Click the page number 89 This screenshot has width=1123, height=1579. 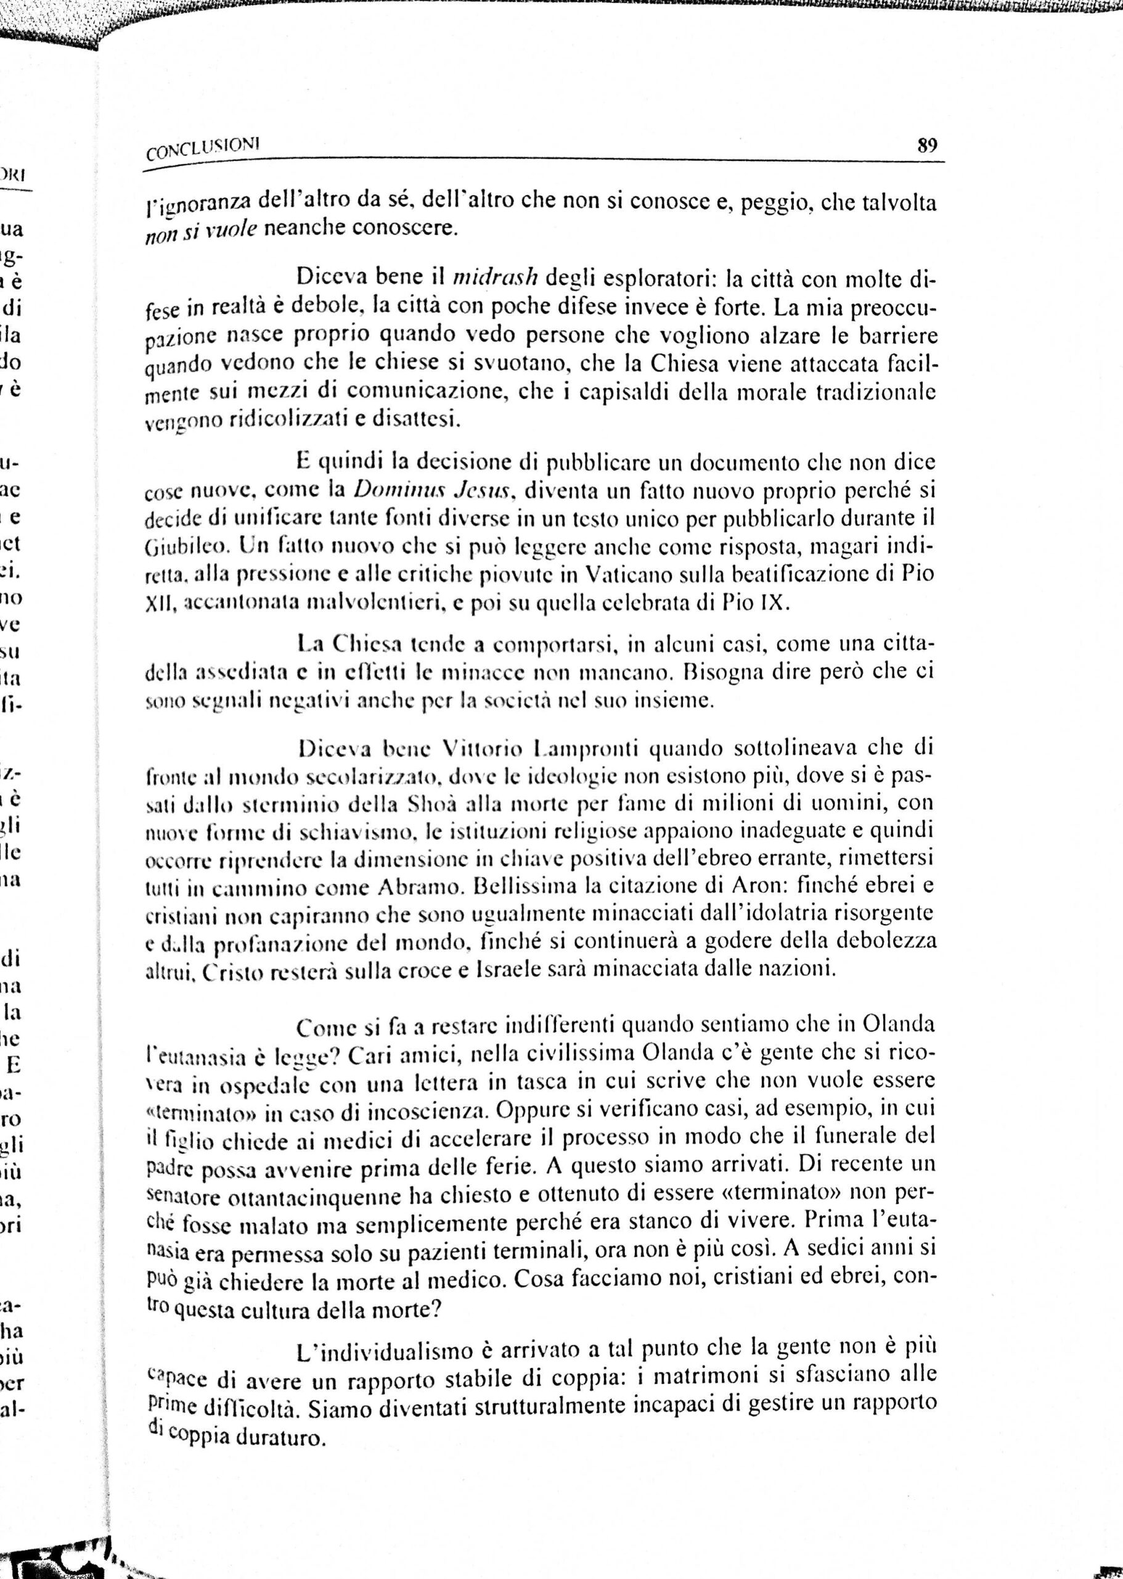click(x=926, y=146)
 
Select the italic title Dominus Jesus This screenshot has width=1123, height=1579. click(x=433, y=490)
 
